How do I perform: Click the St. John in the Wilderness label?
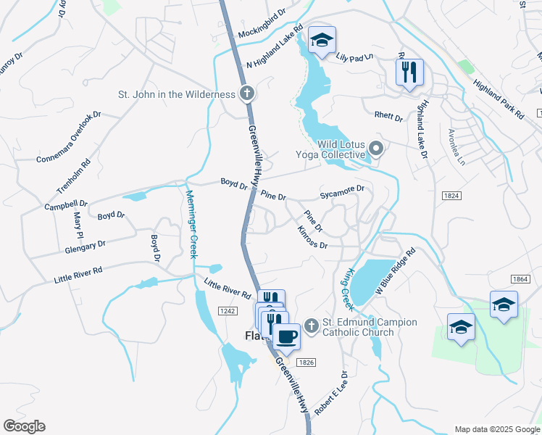(177, 94)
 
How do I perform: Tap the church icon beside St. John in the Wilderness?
(247, 94)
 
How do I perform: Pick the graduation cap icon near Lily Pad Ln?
(322, 41)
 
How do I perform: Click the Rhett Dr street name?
(388, 116)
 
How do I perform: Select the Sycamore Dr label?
(342, 192)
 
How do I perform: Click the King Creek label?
(346, 286)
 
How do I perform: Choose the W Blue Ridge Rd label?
(394, 270)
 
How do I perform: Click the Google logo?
(24, 426)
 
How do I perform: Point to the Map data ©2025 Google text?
(496, 428)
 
